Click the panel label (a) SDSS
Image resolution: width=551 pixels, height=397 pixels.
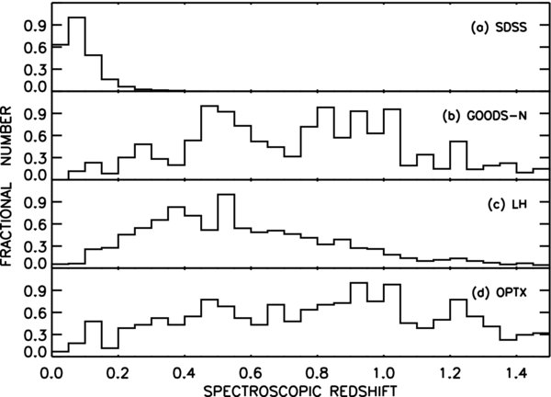(503, 28)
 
